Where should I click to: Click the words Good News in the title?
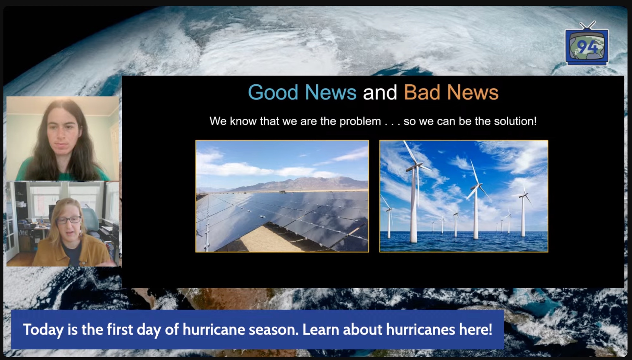[x=302, y=92]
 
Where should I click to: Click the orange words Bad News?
[x=451, y=92]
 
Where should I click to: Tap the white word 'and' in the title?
[x=380, y=92]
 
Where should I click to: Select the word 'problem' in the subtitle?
[x=360, y=121]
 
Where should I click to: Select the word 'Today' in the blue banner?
[x=43, y=330]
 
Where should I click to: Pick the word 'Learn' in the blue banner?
[x=321, y=329]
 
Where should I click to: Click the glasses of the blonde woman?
[x=69, y=220]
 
